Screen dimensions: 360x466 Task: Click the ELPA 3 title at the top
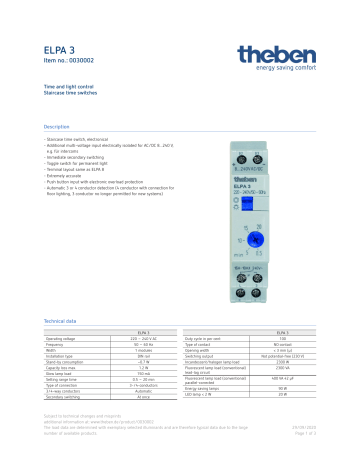click(59, 49)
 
